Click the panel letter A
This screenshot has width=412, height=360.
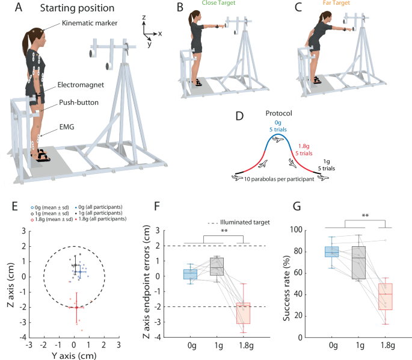pos(8,8)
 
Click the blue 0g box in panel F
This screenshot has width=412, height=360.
pos(190,274)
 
